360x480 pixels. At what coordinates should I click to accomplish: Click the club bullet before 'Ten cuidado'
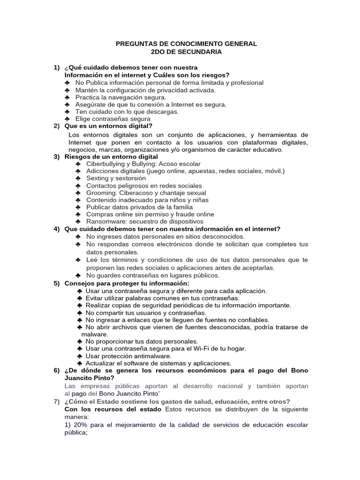(x=67, y=112)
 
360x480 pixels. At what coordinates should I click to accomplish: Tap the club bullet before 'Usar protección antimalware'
(x=80, y=356)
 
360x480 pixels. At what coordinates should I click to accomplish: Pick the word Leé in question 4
(x=92, y=260)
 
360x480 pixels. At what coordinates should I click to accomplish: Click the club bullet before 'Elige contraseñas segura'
(x=67, y=119)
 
